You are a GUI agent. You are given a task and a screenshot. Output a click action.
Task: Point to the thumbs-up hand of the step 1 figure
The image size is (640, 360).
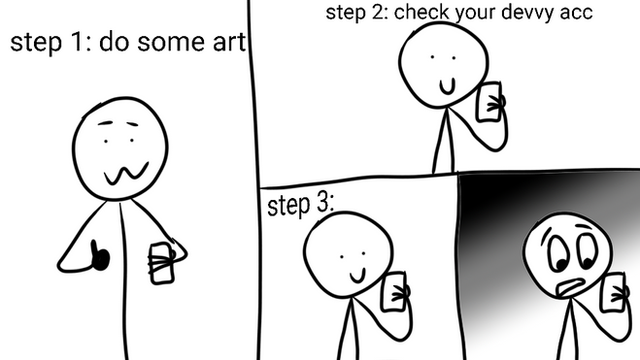pyautogui.click(x=99, y=256)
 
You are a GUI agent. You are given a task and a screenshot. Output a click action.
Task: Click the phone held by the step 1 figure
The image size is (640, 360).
pyautogui.click(x=162, y=263)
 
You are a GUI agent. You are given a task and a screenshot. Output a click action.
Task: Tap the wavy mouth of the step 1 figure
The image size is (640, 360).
pyautogui.click(x=126, y=173)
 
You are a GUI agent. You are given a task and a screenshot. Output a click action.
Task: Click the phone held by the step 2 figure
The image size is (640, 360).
pyautogui.click(x=490, y=102)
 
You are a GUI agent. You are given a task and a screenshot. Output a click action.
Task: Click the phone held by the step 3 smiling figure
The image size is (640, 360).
pyautogui.click(x=393, y=292)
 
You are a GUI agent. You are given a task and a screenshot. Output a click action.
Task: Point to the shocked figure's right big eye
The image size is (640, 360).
pyautogui.click(x=587, y=251)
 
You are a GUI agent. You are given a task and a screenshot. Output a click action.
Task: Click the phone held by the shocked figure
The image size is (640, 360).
pyautogui.click(x=613, y=293)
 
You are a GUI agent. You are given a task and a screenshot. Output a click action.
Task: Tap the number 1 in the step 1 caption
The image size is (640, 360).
pyautogui.click(x=76, y=42)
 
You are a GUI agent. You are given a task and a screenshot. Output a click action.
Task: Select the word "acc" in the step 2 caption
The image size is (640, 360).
pyautogui.click(x=576, y=13)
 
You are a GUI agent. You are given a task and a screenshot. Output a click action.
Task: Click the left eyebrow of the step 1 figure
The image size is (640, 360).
pyautogui.click(x=106, y=122)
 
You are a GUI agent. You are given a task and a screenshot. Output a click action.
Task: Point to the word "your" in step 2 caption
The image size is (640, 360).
pyautogui.click(x=475, y=13)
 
